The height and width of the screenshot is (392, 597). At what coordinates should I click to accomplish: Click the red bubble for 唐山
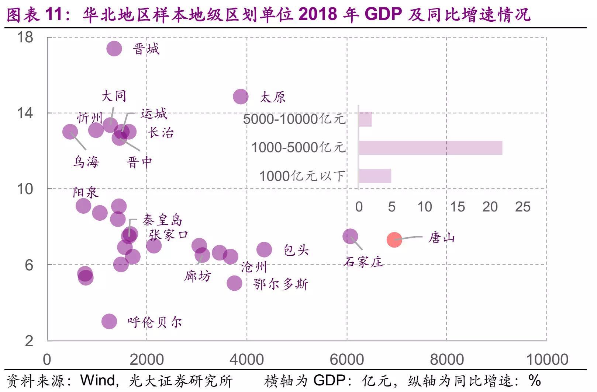394,240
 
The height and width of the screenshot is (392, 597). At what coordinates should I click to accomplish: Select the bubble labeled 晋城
114,48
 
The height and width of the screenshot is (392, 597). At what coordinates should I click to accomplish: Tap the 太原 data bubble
241,97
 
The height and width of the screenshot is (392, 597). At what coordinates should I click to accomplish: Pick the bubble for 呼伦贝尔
109,321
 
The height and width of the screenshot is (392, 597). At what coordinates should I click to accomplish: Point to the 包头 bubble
264,250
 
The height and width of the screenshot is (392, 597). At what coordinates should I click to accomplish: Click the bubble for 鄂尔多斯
234,283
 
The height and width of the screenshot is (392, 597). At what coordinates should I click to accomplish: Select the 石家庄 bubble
350,236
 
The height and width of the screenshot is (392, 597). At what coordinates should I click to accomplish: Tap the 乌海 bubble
70,132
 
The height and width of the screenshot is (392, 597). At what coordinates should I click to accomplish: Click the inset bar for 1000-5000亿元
430,148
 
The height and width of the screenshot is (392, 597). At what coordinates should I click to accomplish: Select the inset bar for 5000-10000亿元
365,119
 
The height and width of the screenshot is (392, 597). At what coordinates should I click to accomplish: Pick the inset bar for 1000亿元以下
375,176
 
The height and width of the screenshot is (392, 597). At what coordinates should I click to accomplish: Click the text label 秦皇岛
163,220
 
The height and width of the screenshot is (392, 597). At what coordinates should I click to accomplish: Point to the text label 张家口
169,235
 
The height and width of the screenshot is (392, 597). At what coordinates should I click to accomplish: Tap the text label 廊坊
198,276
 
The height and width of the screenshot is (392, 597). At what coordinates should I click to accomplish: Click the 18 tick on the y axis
25,37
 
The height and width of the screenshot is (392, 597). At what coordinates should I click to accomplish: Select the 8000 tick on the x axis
447,360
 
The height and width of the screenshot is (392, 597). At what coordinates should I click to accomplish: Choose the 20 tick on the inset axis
490,207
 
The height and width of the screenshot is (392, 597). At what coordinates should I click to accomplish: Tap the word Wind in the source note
98,381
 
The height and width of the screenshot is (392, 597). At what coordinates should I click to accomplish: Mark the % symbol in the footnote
535,380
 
